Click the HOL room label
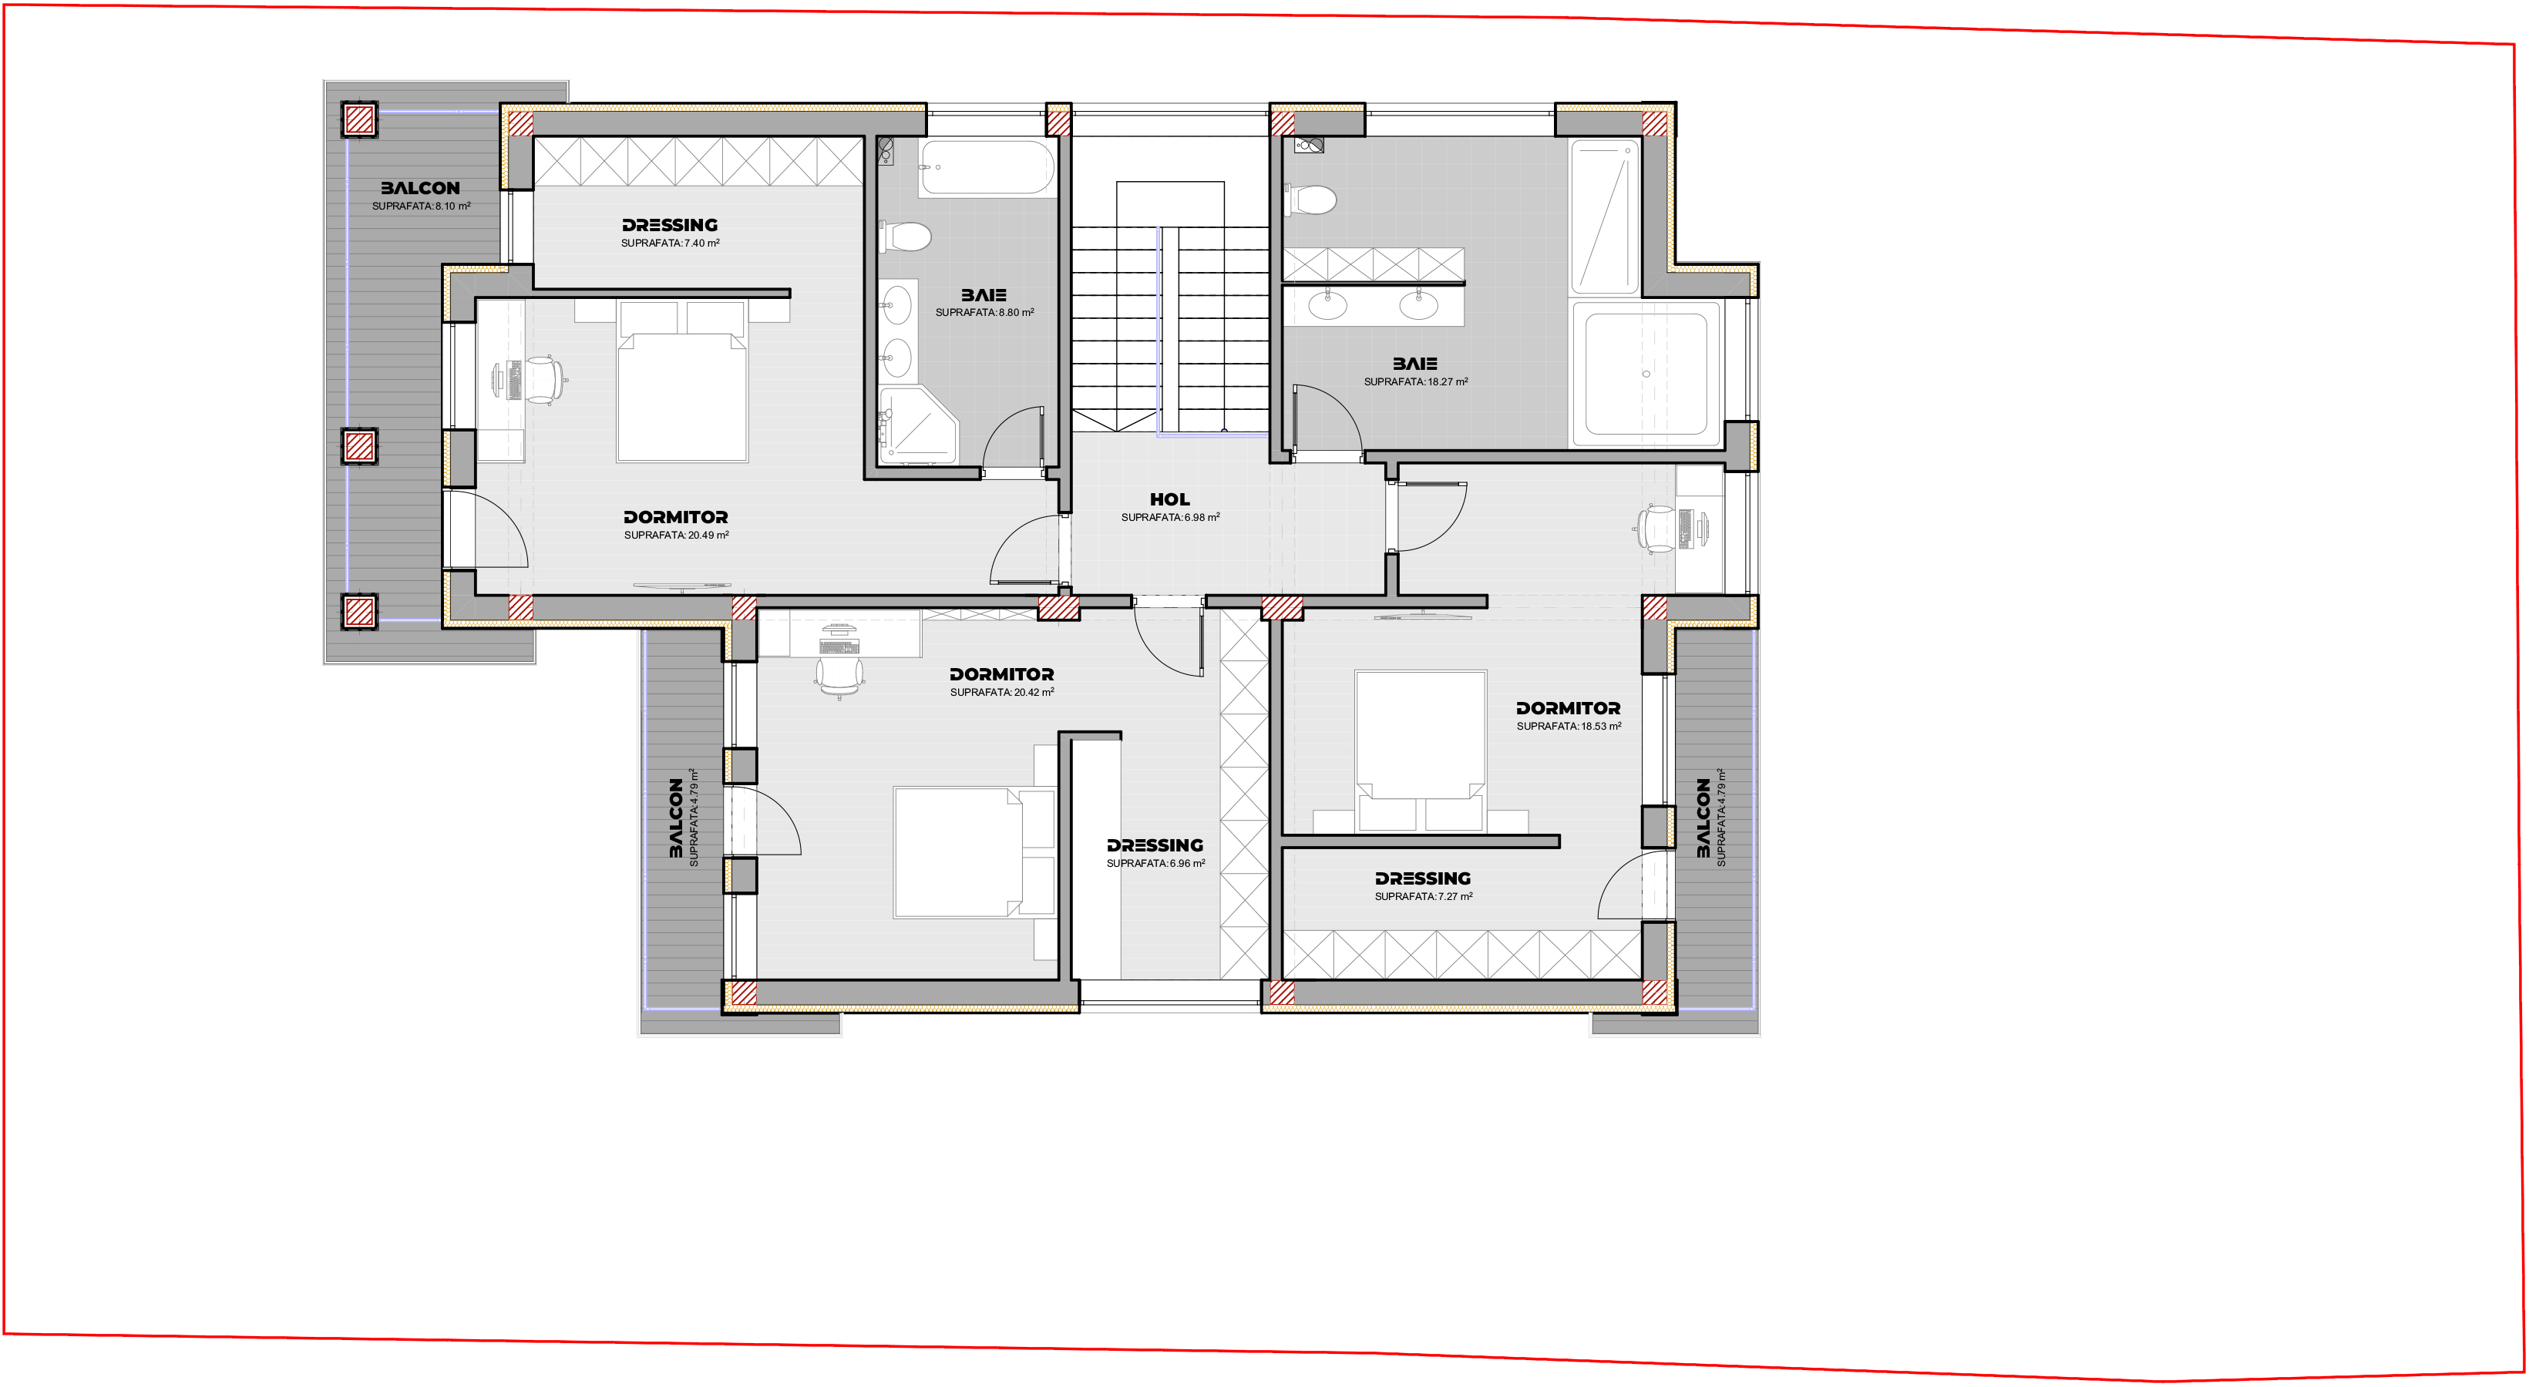(1169, 499)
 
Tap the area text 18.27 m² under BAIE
(1416, 382)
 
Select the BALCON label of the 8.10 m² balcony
(420, 187)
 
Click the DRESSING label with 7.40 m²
(670, 225)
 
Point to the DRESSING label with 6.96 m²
(1155, 845)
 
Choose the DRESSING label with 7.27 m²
(1423, 878)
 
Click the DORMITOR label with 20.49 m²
(675, 517)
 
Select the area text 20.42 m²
(1001, 692)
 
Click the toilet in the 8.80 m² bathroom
(906, 237)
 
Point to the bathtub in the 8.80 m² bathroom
(987, 168)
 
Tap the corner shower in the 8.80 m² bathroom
(917, 424)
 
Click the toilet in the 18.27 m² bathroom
(1310, 200)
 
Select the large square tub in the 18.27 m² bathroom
(1646, 374)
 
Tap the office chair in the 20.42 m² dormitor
(839, 674)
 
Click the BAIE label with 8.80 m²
(984, 294)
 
